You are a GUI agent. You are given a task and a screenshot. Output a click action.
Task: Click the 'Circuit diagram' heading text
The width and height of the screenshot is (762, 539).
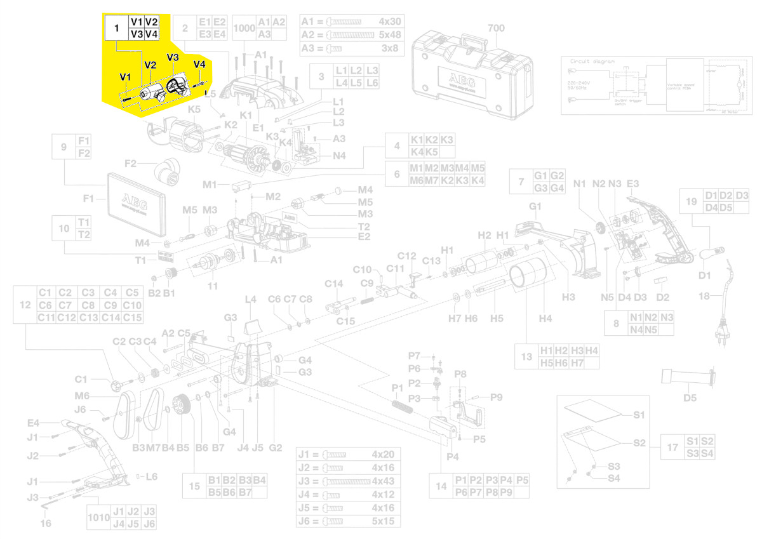[590, 62]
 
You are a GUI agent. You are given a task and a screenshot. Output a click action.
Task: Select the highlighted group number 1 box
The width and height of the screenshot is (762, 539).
[116, 28]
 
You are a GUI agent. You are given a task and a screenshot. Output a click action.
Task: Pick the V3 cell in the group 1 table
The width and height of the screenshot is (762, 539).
[136, 34]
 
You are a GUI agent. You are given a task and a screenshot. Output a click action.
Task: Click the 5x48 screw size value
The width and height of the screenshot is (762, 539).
[389, 34]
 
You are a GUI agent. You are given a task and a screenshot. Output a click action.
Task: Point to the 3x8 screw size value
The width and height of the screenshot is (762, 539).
[389, 48]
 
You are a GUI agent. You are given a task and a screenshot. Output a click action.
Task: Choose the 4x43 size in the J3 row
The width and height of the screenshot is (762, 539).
[383, 481]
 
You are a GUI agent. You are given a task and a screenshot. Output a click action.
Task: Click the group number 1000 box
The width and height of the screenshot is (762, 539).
[244, 28]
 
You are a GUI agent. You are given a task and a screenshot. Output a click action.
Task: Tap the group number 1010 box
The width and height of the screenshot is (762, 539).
[98, 517]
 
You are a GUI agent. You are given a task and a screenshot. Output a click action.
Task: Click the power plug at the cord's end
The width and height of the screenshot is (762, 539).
[721, 335]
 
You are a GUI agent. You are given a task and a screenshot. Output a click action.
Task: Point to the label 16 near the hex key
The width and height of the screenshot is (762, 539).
[45, 523]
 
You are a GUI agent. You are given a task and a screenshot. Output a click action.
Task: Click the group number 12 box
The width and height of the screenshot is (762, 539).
[25, 305]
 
